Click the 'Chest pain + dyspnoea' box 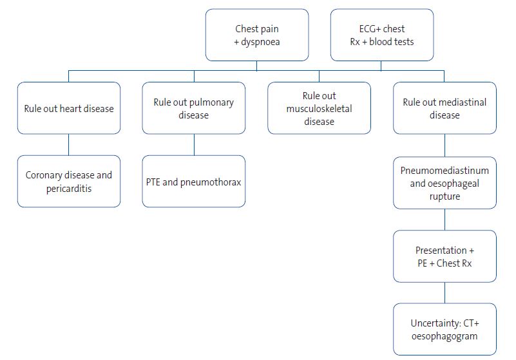[x=256, y=35]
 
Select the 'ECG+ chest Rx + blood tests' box [x=381, y=35]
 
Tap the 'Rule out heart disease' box [x=68, y=108]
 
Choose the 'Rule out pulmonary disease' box [x=193, y=108]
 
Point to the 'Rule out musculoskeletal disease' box [x=319, y=108]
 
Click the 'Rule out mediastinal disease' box [x=444, y=108]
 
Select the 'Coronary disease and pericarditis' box [x=68, y=181]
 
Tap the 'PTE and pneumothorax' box [x=193, y=181]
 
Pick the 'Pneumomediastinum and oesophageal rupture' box [x=444, y=183]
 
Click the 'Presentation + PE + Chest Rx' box [x=444, y=256]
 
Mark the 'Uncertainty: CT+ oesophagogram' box [x=444, y=329]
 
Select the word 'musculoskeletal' [x=319, y=108]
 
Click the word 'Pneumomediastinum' [x=444, y=171]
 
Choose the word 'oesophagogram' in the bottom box [x=444, y=336]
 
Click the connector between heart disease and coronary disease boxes [x=68, y=145]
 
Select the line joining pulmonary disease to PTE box [x=193, y=145]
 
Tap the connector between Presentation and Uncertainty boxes [x=444, y=293]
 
